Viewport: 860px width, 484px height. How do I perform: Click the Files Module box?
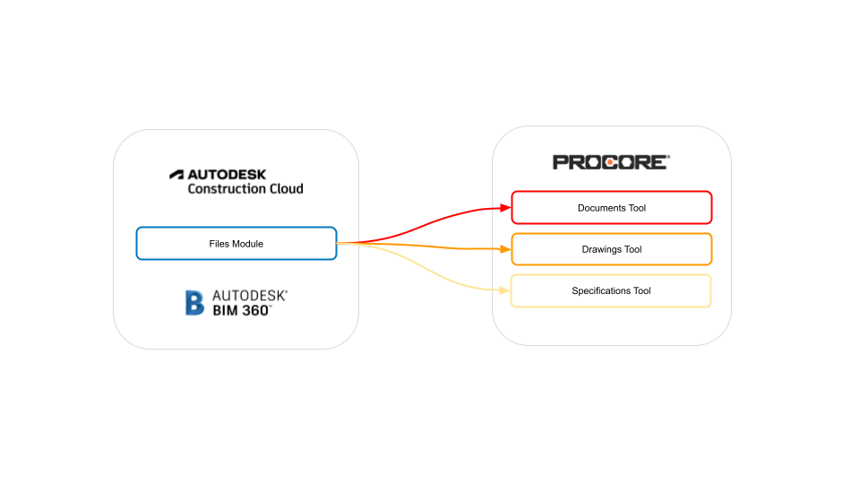[x=236, y=244]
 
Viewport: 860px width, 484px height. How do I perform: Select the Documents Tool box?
[x=611, y=208]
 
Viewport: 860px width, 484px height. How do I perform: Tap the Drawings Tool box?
[x=611, y=249]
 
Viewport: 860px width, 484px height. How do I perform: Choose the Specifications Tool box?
[x=611, y=291]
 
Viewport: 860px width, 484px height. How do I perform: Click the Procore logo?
[x=610, y=162]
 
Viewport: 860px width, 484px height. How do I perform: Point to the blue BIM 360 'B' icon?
[x=194, y=303]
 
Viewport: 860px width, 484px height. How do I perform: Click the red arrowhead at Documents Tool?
[x=505, y=208]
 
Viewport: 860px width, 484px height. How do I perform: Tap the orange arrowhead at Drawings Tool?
[x=505, y=249]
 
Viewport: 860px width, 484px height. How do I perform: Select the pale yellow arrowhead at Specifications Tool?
[x=505, y=290]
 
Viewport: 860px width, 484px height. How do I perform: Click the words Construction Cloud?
[x=245, y=189]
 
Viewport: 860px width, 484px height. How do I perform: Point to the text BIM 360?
[x=242, y=310]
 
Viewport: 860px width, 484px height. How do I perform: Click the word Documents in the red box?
[x=599, y=208]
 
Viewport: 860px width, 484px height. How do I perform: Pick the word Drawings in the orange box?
[x=599, y=249]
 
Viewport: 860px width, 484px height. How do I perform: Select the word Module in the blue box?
[x=247, y=244]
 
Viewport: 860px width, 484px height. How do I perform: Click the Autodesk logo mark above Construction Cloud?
[x=176, y=174]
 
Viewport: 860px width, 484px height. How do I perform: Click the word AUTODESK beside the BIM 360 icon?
[x=249, y=295]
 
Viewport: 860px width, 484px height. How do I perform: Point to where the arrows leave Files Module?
[x=338, y=243]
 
